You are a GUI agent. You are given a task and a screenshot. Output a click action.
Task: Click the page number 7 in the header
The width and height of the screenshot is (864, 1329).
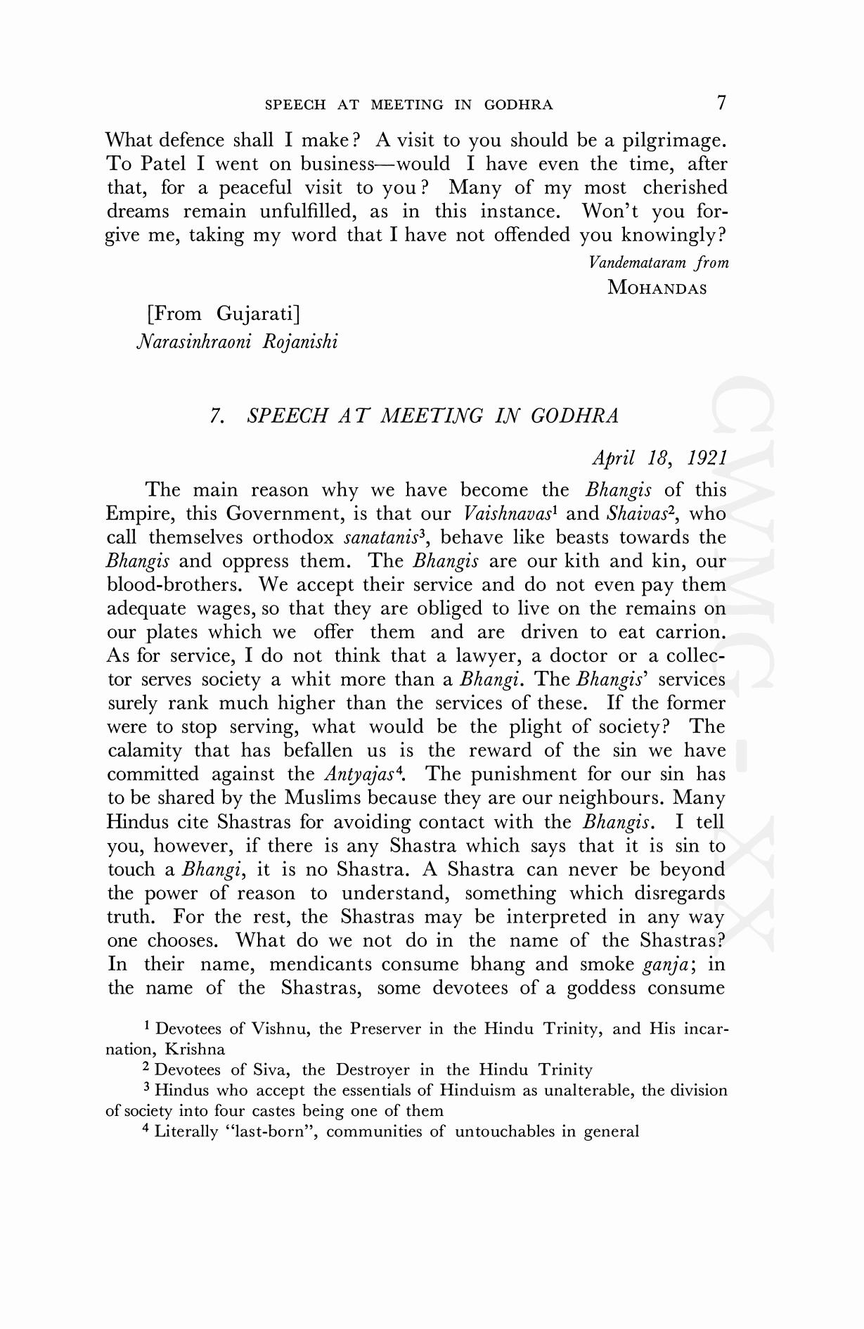click(721, 103)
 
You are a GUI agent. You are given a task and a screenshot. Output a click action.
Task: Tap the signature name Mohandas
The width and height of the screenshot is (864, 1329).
click(657, 288)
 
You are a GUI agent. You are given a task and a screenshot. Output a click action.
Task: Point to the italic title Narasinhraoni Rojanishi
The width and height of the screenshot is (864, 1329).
click(236, 342)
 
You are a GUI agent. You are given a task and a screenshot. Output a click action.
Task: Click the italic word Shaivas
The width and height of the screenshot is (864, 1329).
click(637, 514)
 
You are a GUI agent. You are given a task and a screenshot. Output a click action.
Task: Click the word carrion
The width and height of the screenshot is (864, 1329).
click(690, 632)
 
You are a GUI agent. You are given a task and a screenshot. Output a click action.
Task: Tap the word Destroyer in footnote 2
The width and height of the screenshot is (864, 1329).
click(373, 1070)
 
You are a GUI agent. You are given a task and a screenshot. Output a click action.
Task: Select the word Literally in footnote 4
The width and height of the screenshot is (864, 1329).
click(186, 1131)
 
